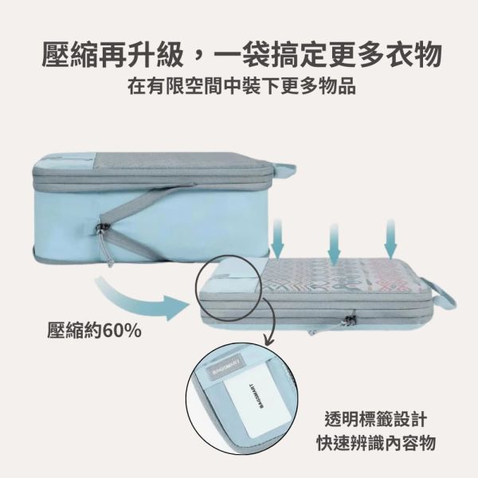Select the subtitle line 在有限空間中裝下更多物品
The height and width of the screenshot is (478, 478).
click(x=239, y=87)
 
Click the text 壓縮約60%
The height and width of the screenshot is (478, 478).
click(x=94, y=329)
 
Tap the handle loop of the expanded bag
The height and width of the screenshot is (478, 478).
click(x=282, y=170)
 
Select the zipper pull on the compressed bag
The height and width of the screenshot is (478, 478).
click(x=348, y=320)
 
